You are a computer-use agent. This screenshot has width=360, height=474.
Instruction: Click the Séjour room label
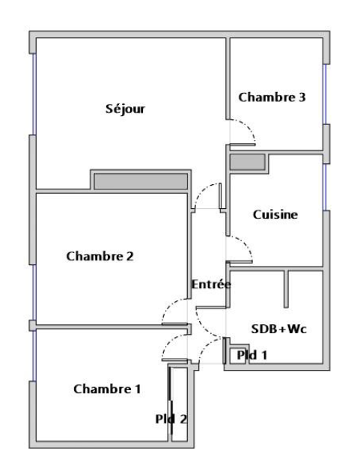[x=125, y=109]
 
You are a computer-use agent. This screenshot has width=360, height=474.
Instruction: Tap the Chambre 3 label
[x=272, y=97]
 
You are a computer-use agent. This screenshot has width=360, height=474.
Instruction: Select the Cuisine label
[x=275, y=215]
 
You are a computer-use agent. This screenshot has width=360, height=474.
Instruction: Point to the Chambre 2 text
[x=100, y=256]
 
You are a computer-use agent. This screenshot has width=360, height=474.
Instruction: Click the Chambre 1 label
[x=107, y=389]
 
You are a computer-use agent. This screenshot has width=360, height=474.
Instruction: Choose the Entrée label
[x=211, y=284]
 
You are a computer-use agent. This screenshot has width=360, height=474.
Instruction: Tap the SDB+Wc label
[x=278, y=329]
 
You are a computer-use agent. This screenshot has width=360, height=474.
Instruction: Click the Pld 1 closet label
[x=251, y=355]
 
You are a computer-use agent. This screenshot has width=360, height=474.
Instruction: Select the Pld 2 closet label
[x=171, y=419]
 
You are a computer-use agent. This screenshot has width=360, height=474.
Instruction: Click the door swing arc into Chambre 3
[x=248, y=127]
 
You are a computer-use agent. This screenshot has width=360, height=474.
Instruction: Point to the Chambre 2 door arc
[x=169, y=306]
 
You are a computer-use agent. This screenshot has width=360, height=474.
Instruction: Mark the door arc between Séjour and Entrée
[x=202, y=190]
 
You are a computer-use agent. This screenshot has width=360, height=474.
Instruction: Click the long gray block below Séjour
[x=141, y=181]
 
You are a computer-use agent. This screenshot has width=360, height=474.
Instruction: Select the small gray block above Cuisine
[x=248, y=162]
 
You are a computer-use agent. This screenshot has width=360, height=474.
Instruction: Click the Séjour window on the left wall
[x=34, y=94]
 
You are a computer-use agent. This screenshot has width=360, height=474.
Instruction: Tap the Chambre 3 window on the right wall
[x=325, y=94]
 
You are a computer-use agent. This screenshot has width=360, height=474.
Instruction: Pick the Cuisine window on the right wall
[x=325, y=186]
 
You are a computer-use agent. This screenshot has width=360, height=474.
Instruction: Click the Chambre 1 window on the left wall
[x=34, y=356]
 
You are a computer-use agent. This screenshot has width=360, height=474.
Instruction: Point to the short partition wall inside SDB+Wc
[x=286, y=289]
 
